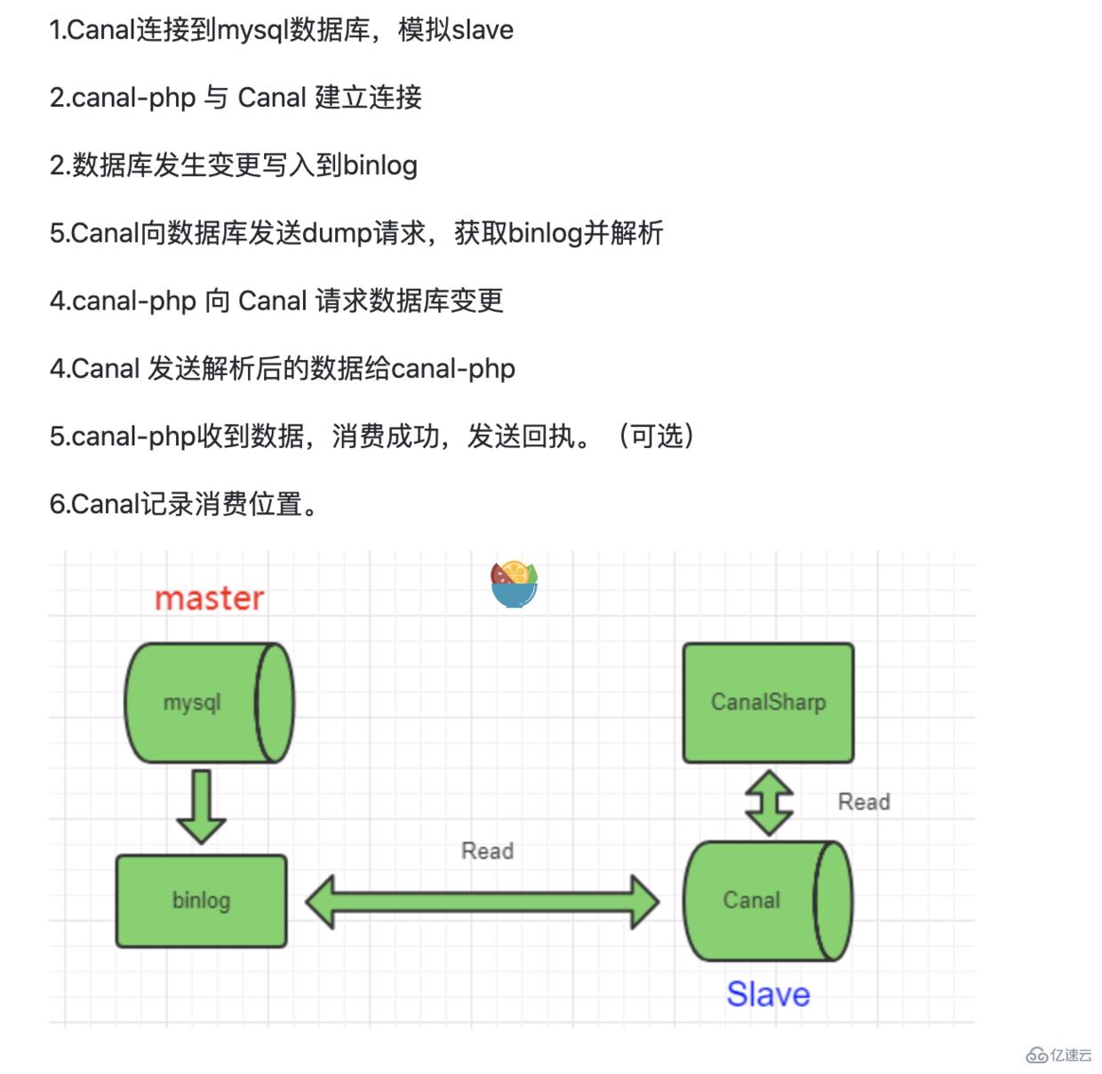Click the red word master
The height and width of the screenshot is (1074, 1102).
[210, 598]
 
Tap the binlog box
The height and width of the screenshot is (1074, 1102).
[201, 901]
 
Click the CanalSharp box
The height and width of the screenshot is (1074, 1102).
[768, 702]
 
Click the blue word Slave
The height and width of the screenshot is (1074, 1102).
[768, 994]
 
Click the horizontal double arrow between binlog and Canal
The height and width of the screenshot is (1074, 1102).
[482, 902]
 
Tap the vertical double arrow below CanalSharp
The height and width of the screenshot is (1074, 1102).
[769, 803]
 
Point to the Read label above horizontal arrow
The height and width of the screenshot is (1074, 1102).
[487, 851]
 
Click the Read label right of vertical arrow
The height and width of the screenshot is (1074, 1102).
[863, 802]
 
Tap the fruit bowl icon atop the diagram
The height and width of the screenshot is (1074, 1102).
[515, 584]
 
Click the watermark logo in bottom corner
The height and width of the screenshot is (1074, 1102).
[1058, 1054]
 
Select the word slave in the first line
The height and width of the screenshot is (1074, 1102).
[483, 30]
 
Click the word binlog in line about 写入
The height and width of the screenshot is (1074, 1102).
[380, 165]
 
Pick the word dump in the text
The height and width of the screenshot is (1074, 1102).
[337, 233]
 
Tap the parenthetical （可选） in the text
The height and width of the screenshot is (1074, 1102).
[656, 436]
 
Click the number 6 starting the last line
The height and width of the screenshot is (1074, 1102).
[56, 504]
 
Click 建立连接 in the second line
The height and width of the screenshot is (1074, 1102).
[368, 97]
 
